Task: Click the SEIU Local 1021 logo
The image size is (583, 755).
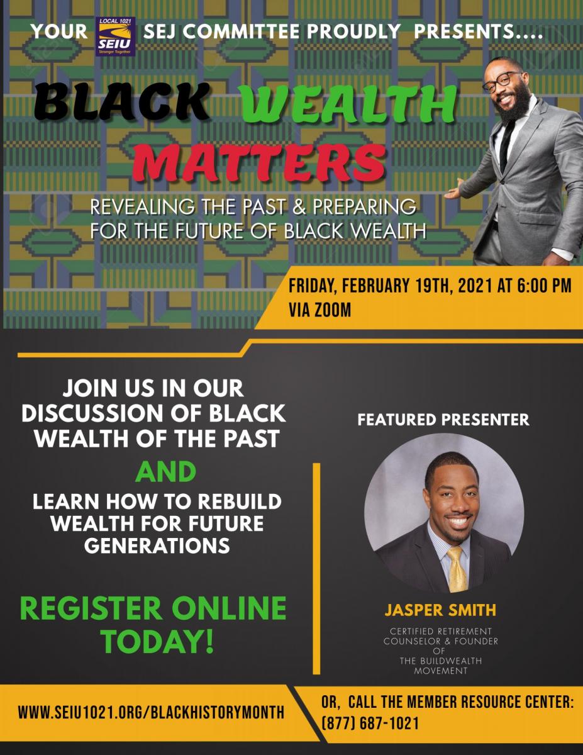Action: (x=115, y=36)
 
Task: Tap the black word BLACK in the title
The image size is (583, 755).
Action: (x=122, y=101)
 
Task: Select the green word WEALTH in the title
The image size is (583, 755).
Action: (x=349, y=104)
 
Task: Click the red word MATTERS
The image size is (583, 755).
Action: (x=259, y=162)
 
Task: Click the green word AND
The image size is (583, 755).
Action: (x=165, y=472)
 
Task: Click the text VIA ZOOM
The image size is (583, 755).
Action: (x=319, y=310)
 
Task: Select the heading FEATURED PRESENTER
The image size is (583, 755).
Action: (x=443, y=420)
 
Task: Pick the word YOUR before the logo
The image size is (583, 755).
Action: (x=59, y=31)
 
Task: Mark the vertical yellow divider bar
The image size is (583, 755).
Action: (x=316, y=568)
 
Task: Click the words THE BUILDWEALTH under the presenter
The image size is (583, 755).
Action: (x=441, y=661)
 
